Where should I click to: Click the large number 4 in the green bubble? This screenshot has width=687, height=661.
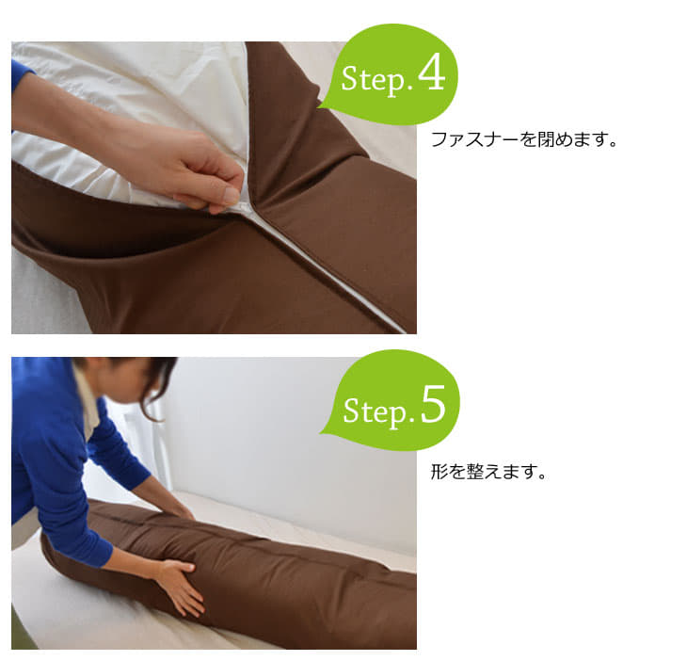point(432,73)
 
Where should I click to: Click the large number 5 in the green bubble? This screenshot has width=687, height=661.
point(433,404)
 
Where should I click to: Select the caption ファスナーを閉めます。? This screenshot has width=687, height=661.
point(524,139)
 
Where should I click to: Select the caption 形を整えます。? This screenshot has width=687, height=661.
point(488,472)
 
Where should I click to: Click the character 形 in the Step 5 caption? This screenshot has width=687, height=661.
point(439,472)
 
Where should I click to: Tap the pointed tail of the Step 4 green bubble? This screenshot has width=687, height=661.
point(319,107)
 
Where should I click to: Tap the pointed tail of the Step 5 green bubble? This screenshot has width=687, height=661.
point(323,433)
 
